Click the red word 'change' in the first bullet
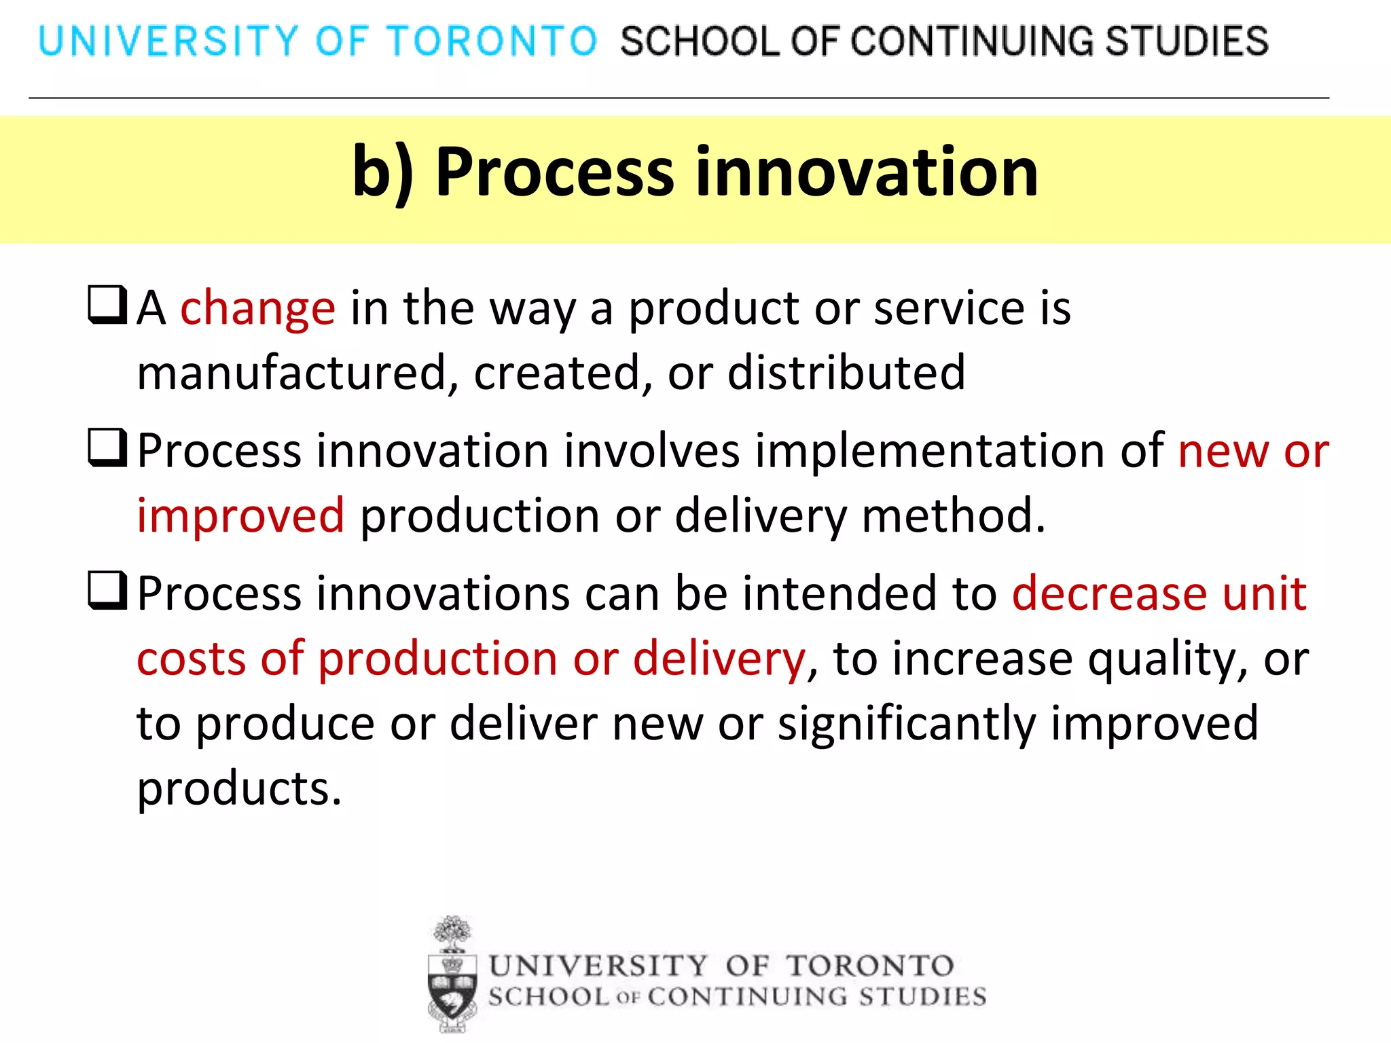257,309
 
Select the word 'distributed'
846,373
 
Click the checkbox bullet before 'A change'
107,305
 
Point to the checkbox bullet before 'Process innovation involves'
107,448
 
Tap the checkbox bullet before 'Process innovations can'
107,591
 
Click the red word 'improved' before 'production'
240,516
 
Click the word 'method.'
954,516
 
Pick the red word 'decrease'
1109,593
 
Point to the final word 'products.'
239,789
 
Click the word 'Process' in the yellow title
554,172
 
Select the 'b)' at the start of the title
382,172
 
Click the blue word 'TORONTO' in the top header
492,41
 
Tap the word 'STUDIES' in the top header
1186,41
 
